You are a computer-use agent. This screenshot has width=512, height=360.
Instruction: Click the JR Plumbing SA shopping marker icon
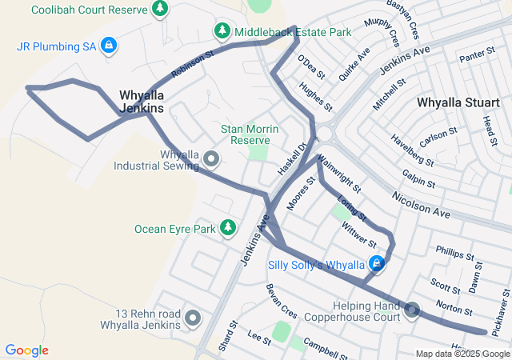(x=107, y=46)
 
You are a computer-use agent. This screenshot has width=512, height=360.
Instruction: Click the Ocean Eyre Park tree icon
(x=228, y=229)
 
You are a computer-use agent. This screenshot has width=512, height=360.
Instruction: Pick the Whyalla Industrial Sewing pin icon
(x=211, y=159)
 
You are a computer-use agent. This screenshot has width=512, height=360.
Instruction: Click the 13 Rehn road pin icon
(x=193, y=318)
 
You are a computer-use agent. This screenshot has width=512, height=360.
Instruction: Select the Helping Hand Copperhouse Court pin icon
(x=413, y=310)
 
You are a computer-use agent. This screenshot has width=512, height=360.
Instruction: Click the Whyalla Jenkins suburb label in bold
(x=142, y=101)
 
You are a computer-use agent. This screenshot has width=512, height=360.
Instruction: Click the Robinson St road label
(x=193, y=66)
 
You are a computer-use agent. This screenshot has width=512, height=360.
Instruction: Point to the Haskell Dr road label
(x=293, y=160)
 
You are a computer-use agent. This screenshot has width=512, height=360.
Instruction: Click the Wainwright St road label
(x=340, y=174)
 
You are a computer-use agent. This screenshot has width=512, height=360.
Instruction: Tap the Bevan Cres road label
(x=282, y=297)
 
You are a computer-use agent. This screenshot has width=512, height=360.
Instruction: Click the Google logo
(x=26, y=350)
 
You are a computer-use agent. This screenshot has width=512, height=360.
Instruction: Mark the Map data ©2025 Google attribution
(x=462, y=354)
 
